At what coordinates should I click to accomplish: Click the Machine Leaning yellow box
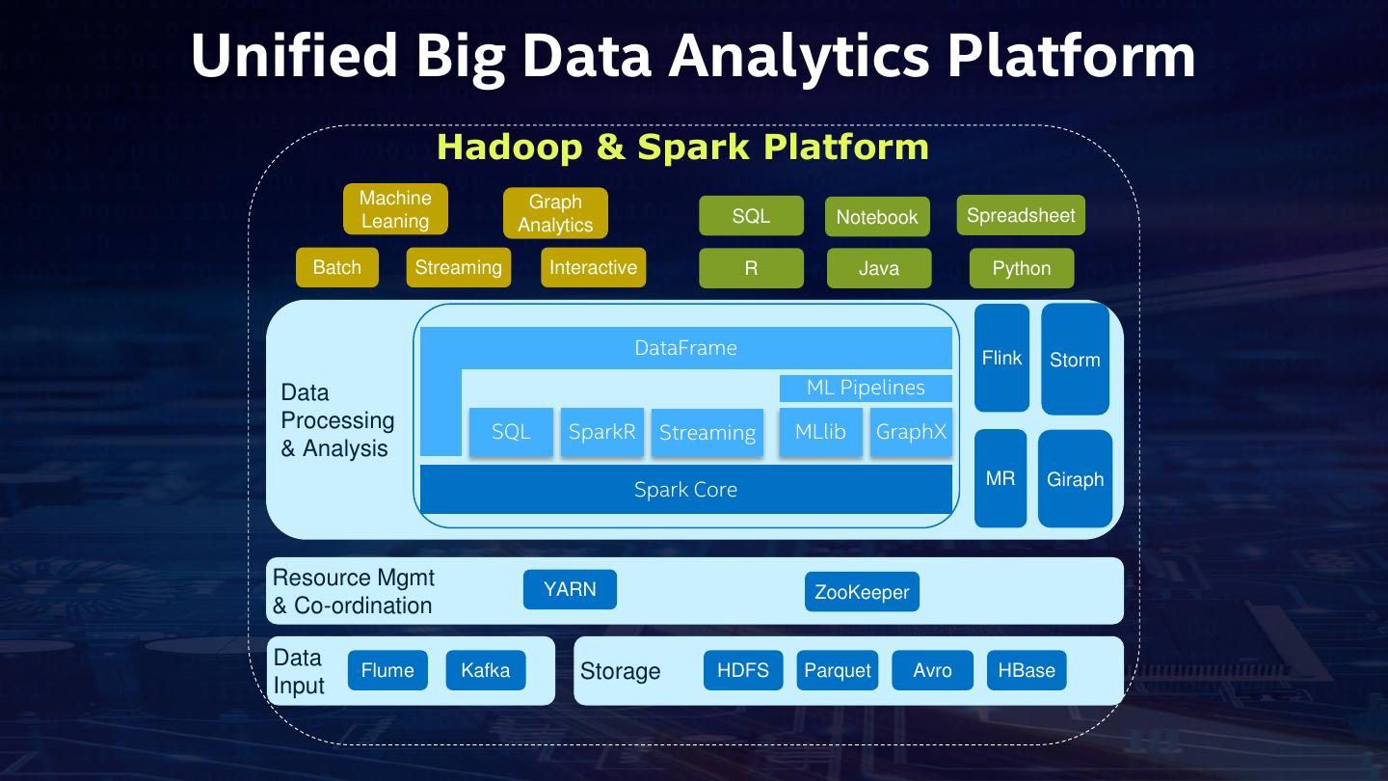click(395, 209)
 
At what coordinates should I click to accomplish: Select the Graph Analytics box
click(555, 213)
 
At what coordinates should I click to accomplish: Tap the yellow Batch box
click(337, 267)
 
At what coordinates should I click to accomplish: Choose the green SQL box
click(751, 216)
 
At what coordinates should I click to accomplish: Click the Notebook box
click(877, 217)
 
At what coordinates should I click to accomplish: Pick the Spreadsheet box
click(1021, 215)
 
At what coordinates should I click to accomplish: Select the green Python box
click(1022, 268)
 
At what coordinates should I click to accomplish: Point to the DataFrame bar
click(685, 348)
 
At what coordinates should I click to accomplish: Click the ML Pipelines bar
click(866, 388)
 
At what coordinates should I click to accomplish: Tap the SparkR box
click(602, 432)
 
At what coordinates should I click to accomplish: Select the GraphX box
click(911, 432)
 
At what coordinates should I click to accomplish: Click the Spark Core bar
click(685, 489)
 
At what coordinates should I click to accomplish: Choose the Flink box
click(1001, 358)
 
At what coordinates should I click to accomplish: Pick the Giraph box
click(1075, 479)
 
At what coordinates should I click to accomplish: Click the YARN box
click(570, 589)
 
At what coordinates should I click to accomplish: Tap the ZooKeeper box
click(862, 592)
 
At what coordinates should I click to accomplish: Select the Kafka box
click(486, 670)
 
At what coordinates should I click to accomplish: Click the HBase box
click(1027, 670)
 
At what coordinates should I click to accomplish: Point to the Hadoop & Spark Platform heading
click(682, 147)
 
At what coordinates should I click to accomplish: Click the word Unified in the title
click(294, 55)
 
